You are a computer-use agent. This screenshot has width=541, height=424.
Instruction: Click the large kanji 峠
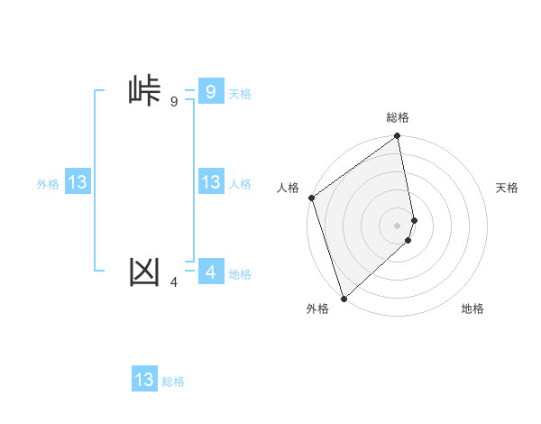144,91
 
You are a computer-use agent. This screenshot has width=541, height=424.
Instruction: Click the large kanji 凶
144,271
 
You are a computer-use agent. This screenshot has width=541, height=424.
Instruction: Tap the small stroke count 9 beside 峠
174,102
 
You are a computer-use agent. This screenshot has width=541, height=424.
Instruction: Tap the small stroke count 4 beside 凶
174,282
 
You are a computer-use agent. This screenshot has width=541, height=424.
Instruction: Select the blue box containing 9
210,91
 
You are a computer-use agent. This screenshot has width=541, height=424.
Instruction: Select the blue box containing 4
210,271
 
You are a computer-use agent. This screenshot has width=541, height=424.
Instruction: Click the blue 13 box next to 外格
78,182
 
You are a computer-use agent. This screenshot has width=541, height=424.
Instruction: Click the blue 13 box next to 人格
210,182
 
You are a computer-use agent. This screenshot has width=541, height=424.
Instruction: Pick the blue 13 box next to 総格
144,380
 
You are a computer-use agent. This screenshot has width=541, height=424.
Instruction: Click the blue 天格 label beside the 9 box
240,94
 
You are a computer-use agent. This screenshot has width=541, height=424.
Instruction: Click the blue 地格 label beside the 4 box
240,274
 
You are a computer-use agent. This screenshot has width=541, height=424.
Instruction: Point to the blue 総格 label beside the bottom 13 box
173,382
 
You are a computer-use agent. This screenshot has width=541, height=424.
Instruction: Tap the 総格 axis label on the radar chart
398,117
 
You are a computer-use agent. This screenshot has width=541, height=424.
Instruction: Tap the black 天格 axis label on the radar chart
508,188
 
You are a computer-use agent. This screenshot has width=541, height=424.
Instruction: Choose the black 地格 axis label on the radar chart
472,309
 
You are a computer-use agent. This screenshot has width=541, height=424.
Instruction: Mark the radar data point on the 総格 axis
398,137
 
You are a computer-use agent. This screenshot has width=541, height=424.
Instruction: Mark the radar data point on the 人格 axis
311,198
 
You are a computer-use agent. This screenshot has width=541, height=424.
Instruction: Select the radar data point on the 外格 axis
344,298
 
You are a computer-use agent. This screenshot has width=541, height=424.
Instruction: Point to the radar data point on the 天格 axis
415,219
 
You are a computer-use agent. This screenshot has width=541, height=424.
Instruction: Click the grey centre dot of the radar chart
398,225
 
